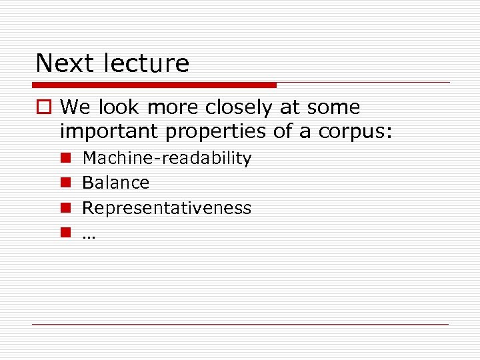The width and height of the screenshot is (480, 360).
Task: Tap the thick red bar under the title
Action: [154, 85]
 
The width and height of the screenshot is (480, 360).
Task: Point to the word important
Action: [109, 131]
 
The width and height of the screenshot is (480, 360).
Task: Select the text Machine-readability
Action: [167, 159]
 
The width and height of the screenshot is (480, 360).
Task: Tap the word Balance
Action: [115, 183]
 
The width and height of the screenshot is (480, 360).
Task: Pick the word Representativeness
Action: [167, 208]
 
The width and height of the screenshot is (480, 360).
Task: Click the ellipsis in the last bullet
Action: [89, 233]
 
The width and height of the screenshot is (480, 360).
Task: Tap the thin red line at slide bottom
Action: [240, 325]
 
